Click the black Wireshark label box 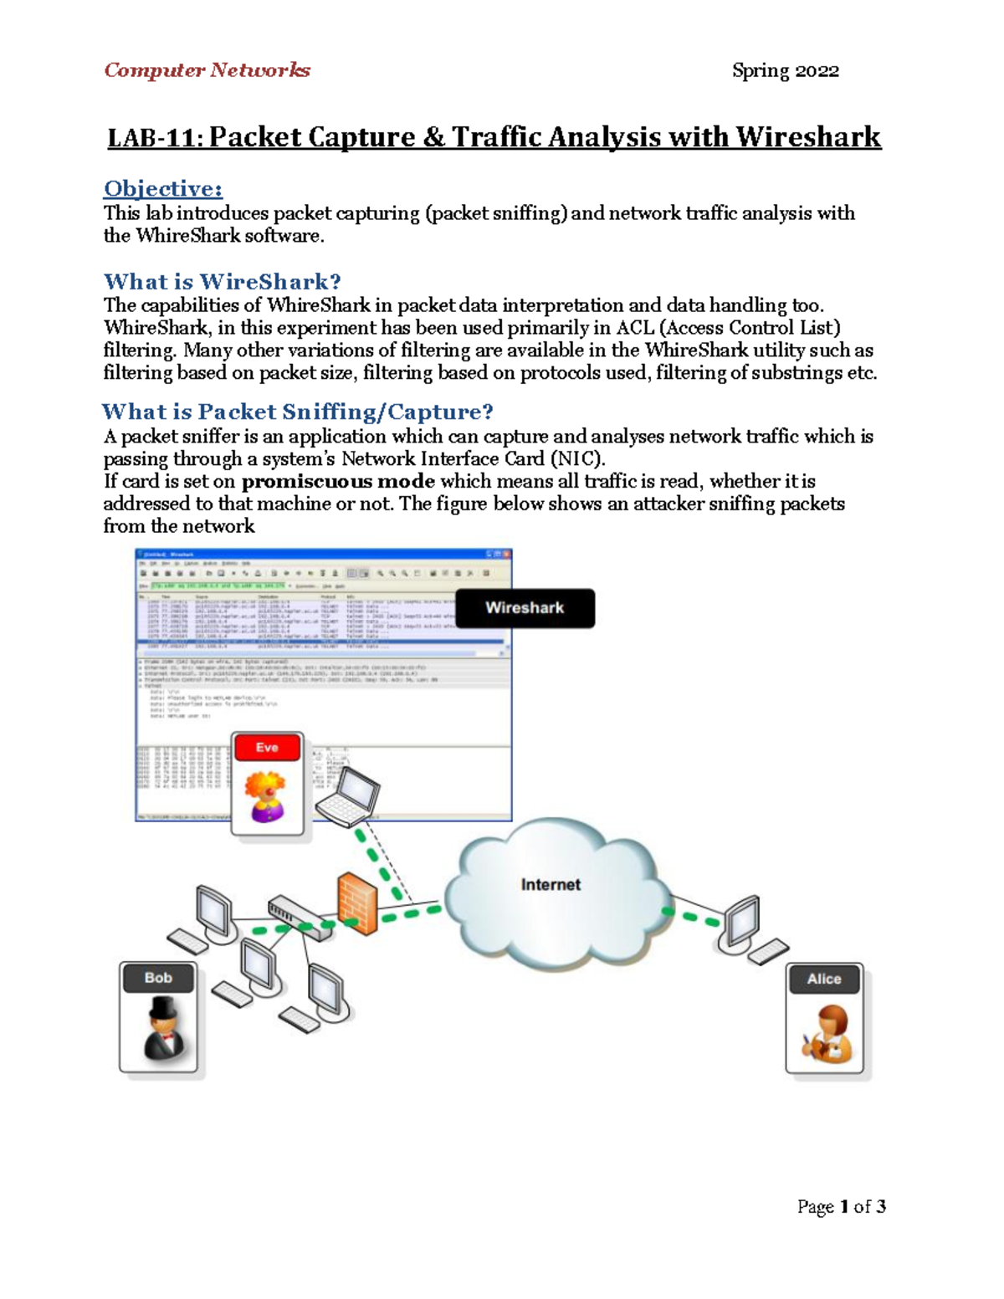click(525, 608)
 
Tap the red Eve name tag click(267, 748)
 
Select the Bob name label click(158, 978)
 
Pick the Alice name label click(823, 979)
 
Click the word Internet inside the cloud click(550, 884)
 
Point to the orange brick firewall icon click(357, 904)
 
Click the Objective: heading click(163, 188)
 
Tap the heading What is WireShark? click(222, 281)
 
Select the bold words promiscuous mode click(338, 481)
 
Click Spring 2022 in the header click(785, 71)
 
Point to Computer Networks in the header click(207, 70)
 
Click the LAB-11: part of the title click(156, 137)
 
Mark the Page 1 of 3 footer click(841, 1206)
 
